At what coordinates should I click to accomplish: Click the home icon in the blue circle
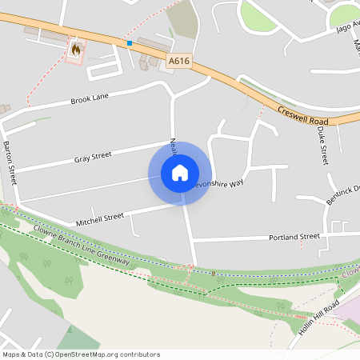(x=180, y=173)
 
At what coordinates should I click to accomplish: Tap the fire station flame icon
(x=76, y=50)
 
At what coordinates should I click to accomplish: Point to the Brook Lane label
(x=89, y=98)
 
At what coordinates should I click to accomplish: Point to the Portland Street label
(x=294, y=237)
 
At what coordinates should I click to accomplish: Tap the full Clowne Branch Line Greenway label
(x=81, y=245)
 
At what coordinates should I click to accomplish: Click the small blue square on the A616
(x=129, y=42)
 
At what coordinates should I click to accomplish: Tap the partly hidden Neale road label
(x=173, y=146)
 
